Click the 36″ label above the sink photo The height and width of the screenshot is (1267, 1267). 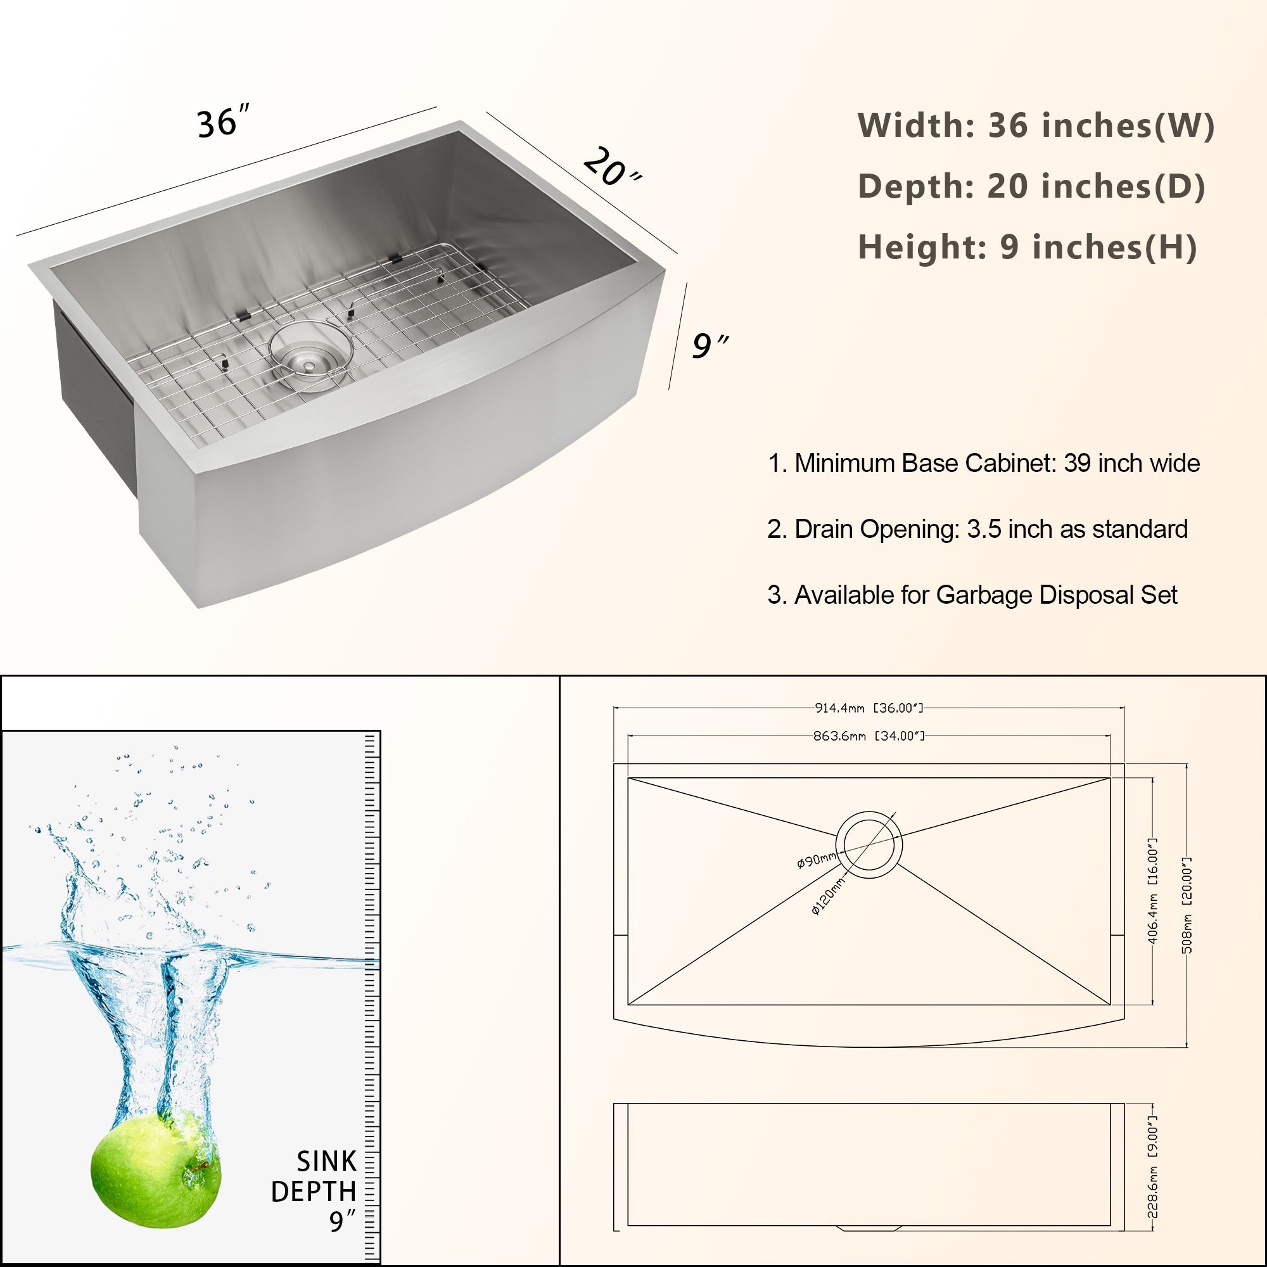(x=223, y=122)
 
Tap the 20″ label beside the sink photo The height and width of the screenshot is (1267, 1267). (x=611, y=168)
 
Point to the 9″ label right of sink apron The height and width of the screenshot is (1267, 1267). (x=710, y=346)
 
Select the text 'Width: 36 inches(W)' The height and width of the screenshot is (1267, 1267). (x=1036, y=125)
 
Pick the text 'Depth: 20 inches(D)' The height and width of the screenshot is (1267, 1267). (x=1031, y=186)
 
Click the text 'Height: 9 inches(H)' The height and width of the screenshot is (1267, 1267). (x=1027, y=247)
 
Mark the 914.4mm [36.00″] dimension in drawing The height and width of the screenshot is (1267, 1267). (x=869, y=708)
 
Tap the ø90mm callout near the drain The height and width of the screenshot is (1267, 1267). (x=816, y=860)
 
